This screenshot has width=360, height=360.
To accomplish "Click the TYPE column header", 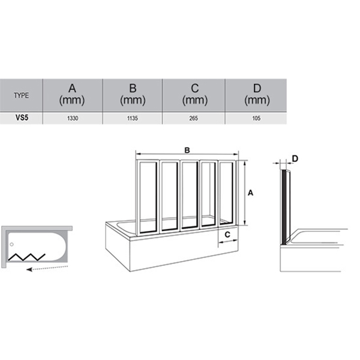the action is click(22, 95).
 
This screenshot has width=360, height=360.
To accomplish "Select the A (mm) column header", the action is click(72, 95).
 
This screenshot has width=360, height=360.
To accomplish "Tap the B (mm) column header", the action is click(133, 95).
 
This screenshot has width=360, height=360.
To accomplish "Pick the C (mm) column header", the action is click(195, 95).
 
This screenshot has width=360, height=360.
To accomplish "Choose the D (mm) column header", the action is click(257, 95).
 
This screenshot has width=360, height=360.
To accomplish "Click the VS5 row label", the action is click(22, 118).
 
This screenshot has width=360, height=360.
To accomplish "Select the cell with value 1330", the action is click(73, 118).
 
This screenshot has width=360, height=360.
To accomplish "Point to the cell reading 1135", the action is click(133, 118).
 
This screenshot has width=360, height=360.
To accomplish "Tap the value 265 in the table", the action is click(194, 118).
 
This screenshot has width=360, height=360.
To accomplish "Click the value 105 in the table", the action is click(256, 118).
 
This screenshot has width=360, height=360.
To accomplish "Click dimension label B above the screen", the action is click(187, 151).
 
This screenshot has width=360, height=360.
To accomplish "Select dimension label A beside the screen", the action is click(250, 193).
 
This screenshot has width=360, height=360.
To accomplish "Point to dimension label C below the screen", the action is click(227, 235).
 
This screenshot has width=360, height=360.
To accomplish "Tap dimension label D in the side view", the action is click(295, 158).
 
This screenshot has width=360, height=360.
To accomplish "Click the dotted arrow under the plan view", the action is click(47, 268).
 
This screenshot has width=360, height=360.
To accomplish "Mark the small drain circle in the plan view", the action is click(12, 245).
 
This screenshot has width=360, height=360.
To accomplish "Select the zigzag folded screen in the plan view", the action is click(26, 257).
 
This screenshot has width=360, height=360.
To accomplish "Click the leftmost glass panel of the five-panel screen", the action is click(148, 197).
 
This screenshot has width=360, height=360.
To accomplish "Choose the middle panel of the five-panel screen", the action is click(190, 195).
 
